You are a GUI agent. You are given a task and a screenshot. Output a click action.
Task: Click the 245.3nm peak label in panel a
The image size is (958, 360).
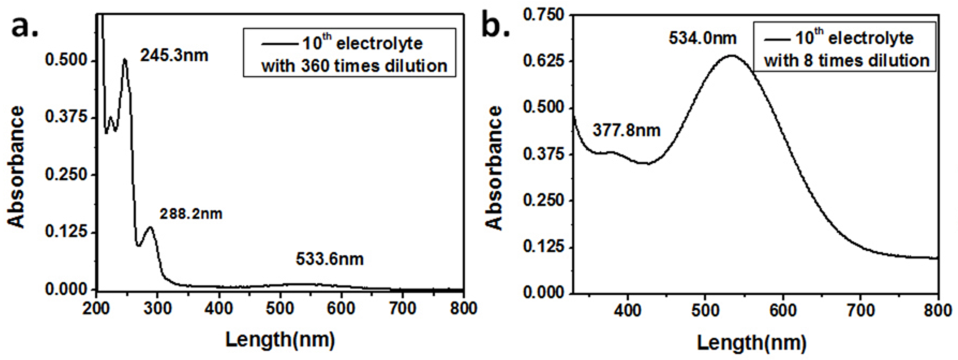[174, 56]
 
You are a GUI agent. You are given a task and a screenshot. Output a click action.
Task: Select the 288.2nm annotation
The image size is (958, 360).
[191, 214]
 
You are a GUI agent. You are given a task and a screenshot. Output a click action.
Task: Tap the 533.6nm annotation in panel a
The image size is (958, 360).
[329, 259]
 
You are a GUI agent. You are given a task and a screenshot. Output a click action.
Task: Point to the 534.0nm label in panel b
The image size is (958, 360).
[702, 38]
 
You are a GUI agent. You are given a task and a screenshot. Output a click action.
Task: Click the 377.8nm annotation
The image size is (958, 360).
[626, 130]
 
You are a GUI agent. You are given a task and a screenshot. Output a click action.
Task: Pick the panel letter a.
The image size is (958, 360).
[24, 27]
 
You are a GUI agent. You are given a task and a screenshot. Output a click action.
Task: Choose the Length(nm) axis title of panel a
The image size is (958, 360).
[280, 340]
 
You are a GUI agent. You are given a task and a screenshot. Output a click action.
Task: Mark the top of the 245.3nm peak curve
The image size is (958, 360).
[125, 59]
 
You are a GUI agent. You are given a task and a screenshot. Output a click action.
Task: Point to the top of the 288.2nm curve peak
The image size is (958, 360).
[150, 227]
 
